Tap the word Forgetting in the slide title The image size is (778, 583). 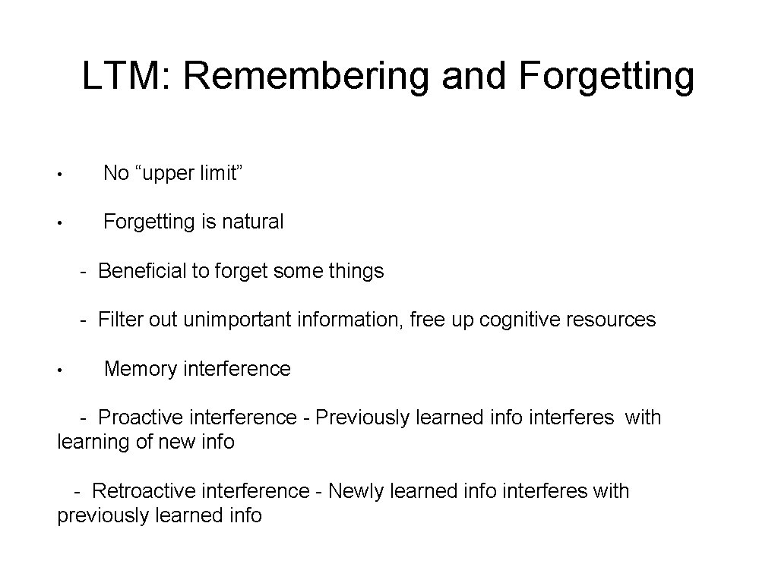pyautogui.click(x=607, y=76)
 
